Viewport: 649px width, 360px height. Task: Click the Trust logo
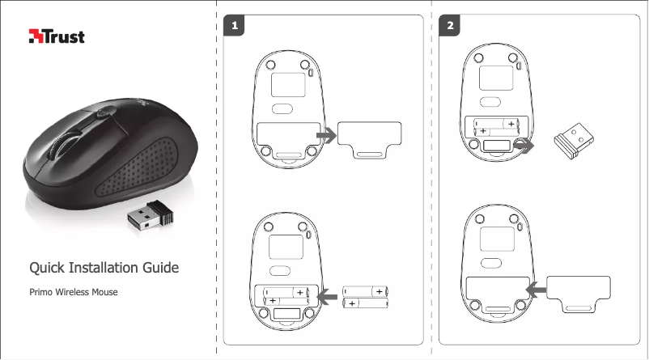57,36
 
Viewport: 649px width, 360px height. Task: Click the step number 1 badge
235,27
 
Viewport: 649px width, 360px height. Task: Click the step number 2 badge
451,27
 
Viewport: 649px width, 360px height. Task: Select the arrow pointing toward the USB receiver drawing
525,145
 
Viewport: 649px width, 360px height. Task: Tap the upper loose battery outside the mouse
365,290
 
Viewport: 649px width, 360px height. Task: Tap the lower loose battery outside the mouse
365,303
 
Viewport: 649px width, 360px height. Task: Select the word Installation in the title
104,268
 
